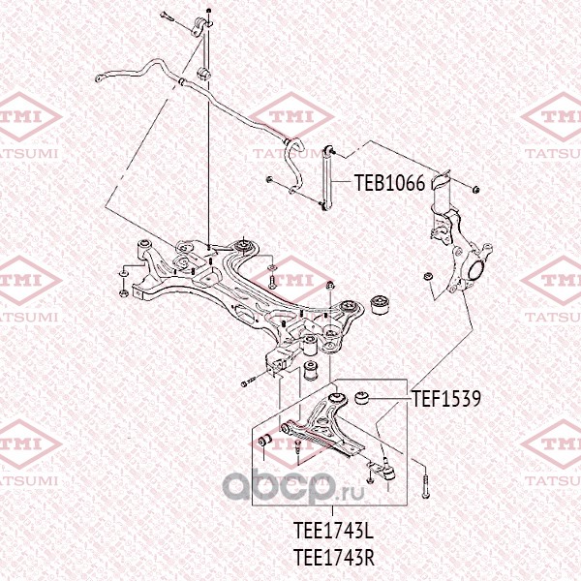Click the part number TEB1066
coord(388,182)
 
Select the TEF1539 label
coord(446,395)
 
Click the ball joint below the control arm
coord(384,472)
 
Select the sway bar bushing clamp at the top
coord(203,75)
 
